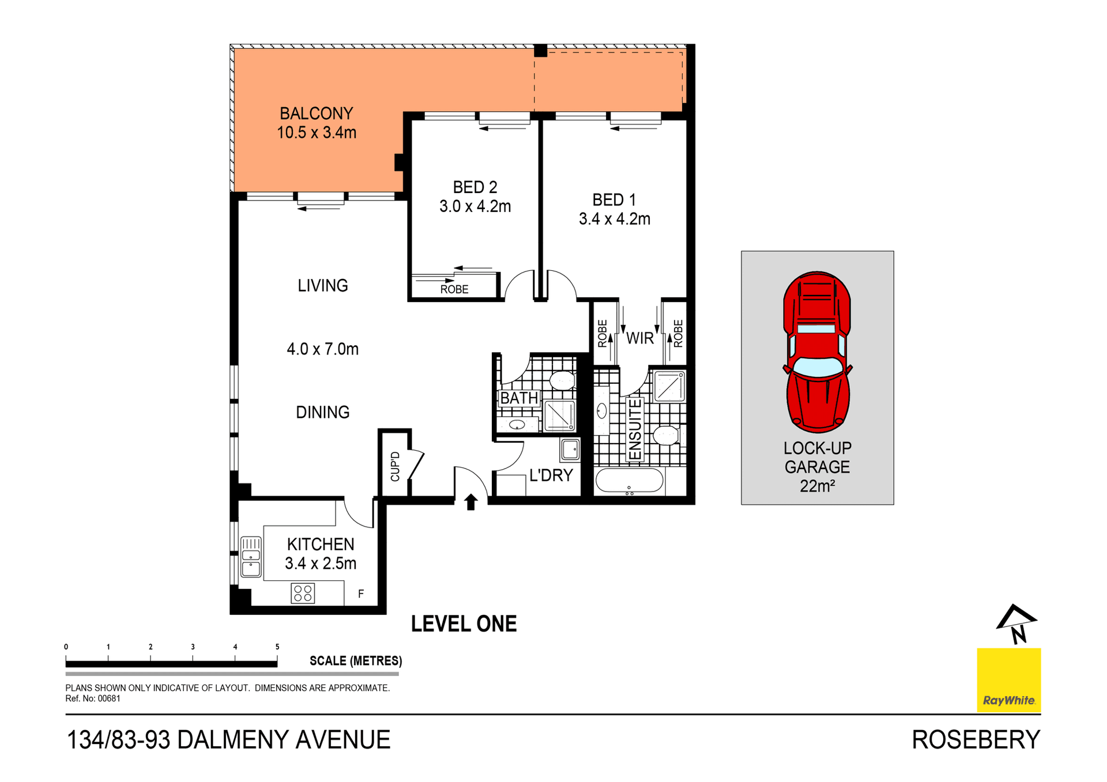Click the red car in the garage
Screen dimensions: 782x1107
pyautogui.click(x=817, y=352)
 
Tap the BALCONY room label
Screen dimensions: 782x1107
pyautogui.click(x=316, y=114)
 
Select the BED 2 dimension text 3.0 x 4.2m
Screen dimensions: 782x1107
pyautogui.click(x=475, y=206)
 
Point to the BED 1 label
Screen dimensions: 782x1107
pyautogui.click(x=614, y=200)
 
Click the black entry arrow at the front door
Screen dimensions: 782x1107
pyautogui.click(x=470, y=502)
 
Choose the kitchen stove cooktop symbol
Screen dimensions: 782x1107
pyautogui.click(x=303, y=593)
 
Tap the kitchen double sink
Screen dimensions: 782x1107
pyautogui.click(x=251, y=556)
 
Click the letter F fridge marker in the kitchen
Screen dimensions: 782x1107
pyautogui.click(x=361, y=594)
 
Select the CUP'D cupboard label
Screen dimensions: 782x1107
pyautogui.click(x=395, y=466)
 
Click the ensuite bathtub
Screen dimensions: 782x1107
pyautogui.click(x=628, y=480)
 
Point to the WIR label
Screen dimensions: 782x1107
pyautogui.click(x=640, y=338)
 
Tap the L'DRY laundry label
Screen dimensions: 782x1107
pyautogui.click(x=551, y=475)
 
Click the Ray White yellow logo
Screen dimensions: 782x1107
pyautogui.click(x=1008, y=680)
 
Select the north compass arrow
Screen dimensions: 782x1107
pyautogui.click(x=1016, y=622)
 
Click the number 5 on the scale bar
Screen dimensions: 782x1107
pyautogui.click(x=277, y=647)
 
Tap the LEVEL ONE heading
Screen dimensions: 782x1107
pyautogui.click(x=464, y=624)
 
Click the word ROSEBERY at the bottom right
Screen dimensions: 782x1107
pyautogui.click(x=976, y=740)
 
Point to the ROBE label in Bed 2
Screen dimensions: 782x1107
pyautogui.click(x=454, y=289)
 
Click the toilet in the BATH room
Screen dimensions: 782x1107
pyautogui.click(x=561, y=380)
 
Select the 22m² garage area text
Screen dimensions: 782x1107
pyautogui.click(x=817, y=486)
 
